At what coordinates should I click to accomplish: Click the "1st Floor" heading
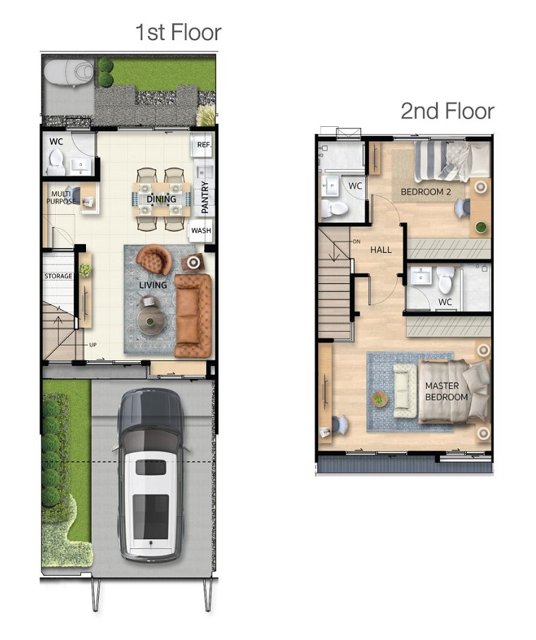(178, 32)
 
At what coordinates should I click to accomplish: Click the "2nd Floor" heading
(447, 111)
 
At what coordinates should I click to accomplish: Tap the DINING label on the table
(162, 199)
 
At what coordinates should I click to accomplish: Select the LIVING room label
(153, 285)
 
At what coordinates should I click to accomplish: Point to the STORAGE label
(59, 276)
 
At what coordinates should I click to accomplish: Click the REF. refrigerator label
(205, 144)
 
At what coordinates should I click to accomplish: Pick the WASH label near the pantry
(201, 230)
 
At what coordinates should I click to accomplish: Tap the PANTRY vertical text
(205, 197)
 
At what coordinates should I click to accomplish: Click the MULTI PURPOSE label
(61, 197)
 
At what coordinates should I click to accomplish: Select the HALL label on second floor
(381, 250)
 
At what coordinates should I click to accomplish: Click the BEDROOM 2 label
(426, 192)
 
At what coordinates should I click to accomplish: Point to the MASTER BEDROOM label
(446, 391)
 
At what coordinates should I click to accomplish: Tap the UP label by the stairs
(92, 345)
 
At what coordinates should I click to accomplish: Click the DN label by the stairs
(357, 242)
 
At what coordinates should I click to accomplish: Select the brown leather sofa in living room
(193, 316)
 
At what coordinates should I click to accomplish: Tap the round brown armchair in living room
(154, 259)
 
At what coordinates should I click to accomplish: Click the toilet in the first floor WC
(55, 161)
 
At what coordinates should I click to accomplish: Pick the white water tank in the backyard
(68, 72)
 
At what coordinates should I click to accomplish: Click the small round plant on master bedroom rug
(379, 399)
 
